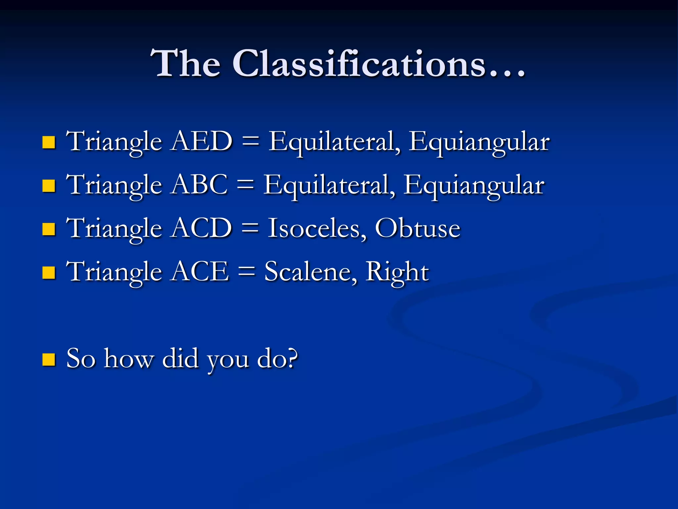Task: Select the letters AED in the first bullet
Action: (202, 141)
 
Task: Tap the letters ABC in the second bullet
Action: (200, 185)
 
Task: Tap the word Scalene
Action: (311, 271)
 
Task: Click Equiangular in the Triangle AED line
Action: (479, 142)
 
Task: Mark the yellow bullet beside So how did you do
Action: (49, 359)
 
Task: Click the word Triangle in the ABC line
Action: (114, 185)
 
